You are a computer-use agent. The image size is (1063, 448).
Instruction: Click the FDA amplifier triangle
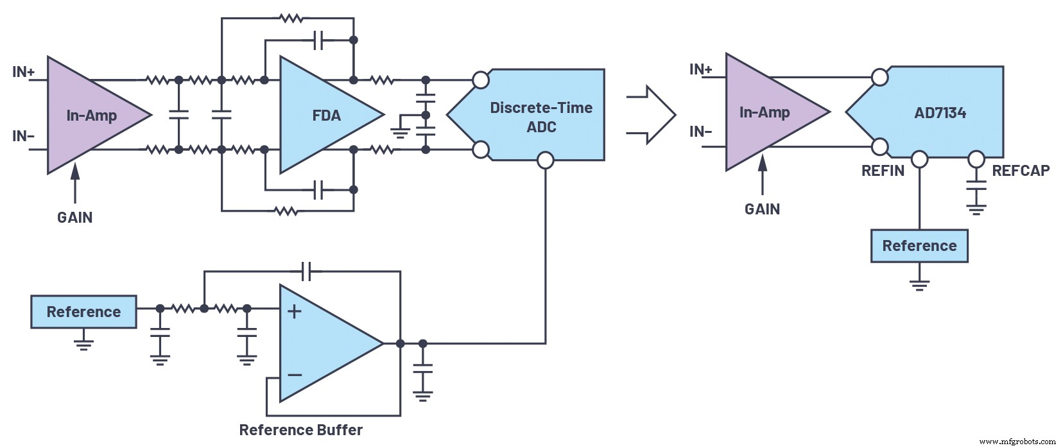[x=324, y=116]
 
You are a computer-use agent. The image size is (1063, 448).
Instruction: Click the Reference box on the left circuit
[x=83, y=312]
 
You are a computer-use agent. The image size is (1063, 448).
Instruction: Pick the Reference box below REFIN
[x=919, y=246]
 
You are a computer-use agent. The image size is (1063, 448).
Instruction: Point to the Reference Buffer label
[x=300, y=430]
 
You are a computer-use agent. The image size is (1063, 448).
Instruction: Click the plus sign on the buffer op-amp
[x=294, y=312]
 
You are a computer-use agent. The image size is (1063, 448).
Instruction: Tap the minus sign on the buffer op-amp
[x=295, y=374]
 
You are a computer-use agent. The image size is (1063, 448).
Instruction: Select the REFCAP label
[x=1021, y=171]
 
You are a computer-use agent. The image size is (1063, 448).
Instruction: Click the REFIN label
[x=883, y=171]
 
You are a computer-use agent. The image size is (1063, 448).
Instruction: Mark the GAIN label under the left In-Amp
[x=74, y=218]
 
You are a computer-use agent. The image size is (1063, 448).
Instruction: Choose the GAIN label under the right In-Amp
[x=762, y=209]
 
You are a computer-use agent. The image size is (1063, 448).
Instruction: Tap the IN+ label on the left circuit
[x=24, y=72]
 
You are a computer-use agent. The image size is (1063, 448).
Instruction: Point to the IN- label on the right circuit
[x=700, y=132]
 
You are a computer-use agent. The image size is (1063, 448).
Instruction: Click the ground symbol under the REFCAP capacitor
[x=976, y=208]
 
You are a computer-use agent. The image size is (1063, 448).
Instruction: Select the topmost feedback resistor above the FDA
[x=291, y=19]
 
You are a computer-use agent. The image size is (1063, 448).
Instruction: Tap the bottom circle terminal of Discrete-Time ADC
[x=545, y=160]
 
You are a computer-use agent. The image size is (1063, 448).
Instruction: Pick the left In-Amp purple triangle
[x=90, y=116]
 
